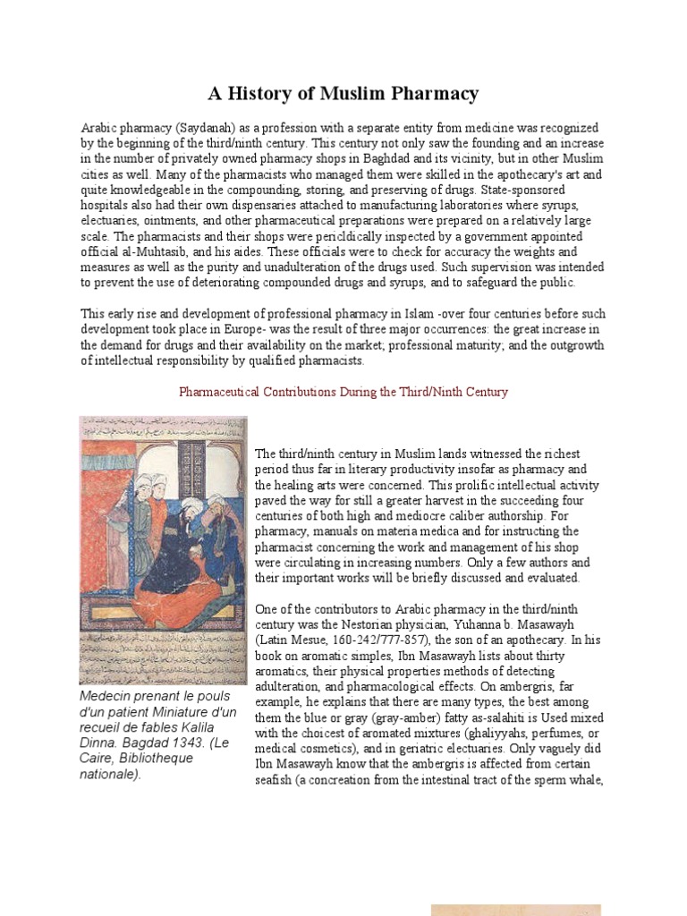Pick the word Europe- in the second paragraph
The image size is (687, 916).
pyautogui.click(x=263, y=329)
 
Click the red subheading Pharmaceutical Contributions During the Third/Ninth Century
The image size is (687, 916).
pyautogui.click(x=343, y=392)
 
